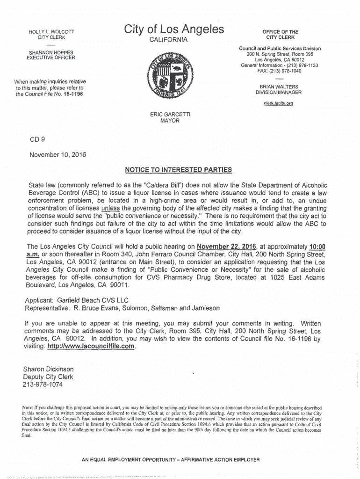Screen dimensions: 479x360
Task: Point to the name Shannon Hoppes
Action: (x=51, y=52)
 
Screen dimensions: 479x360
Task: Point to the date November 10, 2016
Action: (x=58, y=155)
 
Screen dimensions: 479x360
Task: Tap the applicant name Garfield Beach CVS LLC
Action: (x=93, y=300)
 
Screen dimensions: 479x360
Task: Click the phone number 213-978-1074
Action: (x=43, y=385)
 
